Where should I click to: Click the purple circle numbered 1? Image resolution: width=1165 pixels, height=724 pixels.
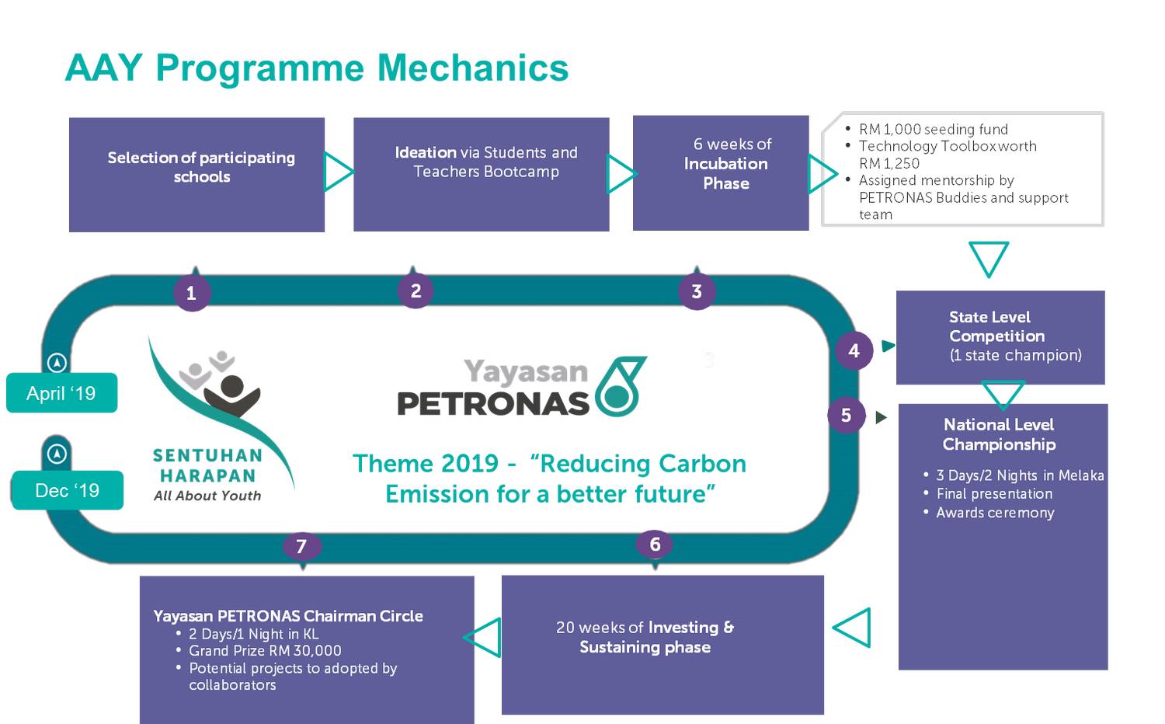coord(192,293)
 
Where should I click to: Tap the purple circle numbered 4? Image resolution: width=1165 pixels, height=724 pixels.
coord(854,350)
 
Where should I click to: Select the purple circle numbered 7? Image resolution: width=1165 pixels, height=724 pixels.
coord(301,546)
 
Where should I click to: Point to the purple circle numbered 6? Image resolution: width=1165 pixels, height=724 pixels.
coord(655,544)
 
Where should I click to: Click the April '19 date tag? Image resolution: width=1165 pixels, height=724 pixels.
coord(61,393)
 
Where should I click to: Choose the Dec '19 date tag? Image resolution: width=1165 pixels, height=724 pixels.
coord(68,491)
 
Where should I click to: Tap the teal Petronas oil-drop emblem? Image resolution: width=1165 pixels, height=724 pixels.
coord(620,386)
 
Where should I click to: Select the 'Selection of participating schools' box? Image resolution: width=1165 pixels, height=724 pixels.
coord(196,174)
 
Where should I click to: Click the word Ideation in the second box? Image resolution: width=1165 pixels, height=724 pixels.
coord(426,152)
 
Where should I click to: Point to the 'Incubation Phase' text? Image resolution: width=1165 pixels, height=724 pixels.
coord(725,173)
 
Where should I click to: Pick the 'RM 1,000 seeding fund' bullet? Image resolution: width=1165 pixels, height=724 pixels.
coord(933,129)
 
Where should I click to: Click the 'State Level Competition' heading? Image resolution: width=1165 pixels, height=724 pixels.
coord(996,326)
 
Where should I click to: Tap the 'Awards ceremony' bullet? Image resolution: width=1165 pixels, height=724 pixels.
coord(995,513)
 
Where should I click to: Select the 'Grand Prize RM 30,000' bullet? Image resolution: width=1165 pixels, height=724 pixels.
coord(265,651)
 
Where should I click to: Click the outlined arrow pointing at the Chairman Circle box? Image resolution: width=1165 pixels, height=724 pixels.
coord(483,637)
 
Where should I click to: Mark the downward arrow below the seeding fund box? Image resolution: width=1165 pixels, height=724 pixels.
coord(989,258)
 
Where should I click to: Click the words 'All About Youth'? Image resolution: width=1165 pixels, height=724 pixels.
coord(207,496)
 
